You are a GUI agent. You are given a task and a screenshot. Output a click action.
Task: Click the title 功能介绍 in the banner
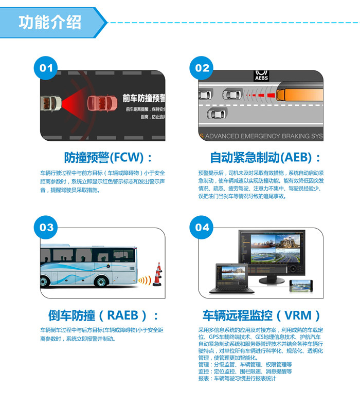point(50,22)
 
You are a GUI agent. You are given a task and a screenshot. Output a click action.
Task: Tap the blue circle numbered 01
point(46,68)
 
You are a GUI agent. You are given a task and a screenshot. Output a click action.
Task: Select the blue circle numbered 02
point(202,68)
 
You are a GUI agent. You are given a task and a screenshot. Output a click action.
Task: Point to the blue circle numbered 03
point(46,227)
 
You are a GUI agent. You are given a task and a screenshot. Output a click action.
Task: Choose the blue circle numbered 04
point(202,227)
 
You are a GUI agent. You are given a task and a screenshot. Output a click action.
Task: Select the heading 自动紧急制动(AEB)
point(265,157)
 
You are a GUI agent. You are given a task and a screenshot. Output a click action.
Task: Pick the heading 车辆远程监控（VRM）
point(262,315)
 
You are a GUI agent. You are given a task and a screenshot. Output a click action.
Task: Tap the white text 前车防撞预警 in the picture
point(143,98)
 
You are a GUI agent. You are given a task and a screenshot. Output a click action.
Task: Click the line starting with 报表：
point(237,379)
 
